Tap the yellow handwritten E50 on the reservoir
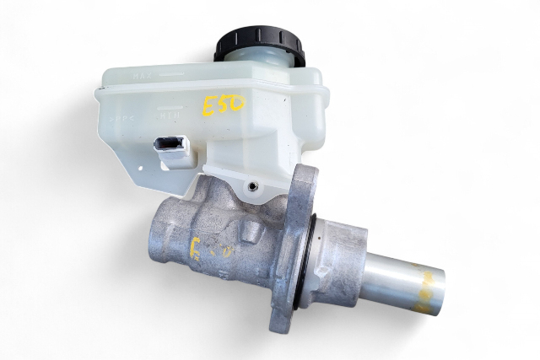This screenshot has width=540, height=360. point(222,105)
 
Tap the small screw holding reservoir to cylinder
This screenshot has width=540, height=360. point(252,184)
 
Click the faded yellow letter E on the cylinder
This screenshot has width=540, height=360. point(198,250)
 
